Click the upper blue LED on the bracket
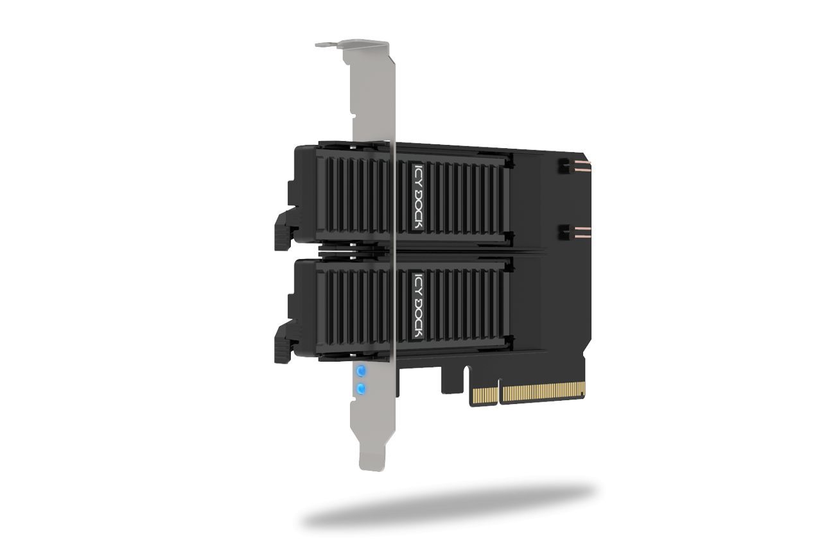click(361, 371)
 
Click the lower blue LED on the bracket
click(361, 389)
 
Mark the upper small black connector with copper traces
click(566, 167)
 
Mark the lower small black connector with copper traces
click(566, 232)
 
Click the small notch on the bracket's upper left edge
click(353, 115)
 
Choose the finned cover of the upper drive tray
click(456, 196)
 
